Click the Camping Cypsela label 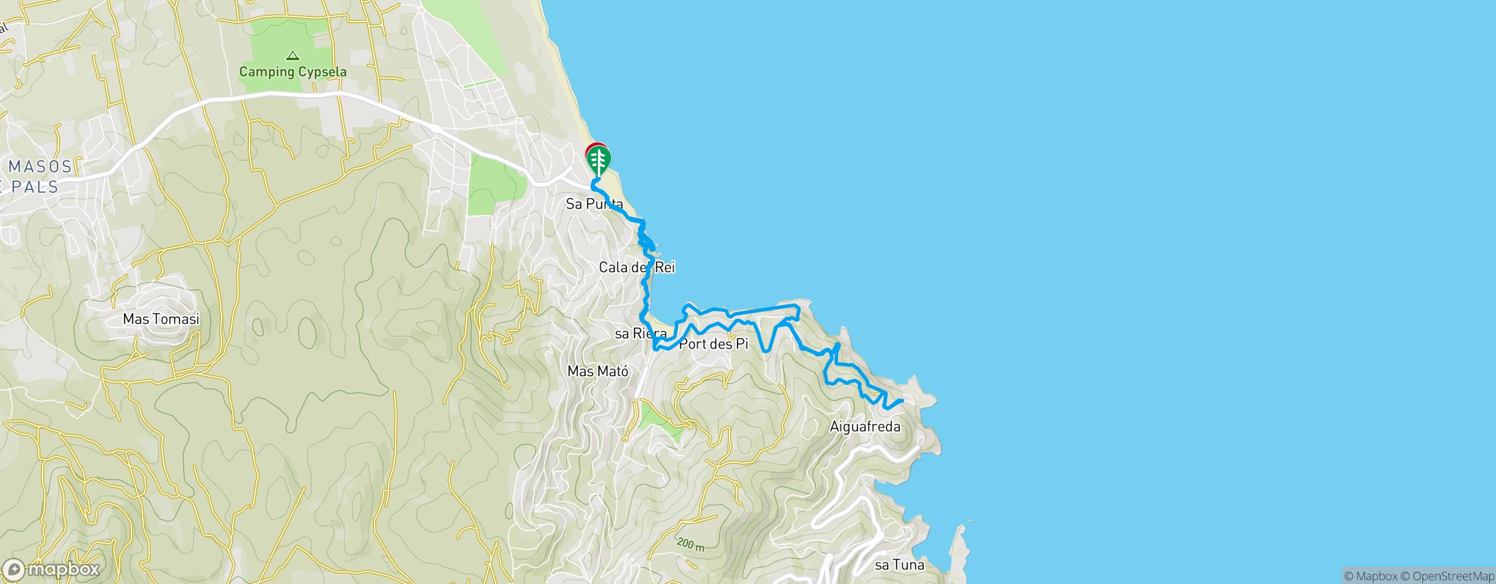293,73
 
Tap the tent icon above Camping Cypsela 293,56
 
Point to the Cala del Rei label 637,268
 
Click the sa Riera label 640,334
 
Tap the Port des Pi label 717,345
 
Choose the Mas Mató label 598,371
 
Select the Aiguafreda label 865,427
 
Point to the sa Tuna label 899,565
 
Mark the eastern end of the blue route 903,401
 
